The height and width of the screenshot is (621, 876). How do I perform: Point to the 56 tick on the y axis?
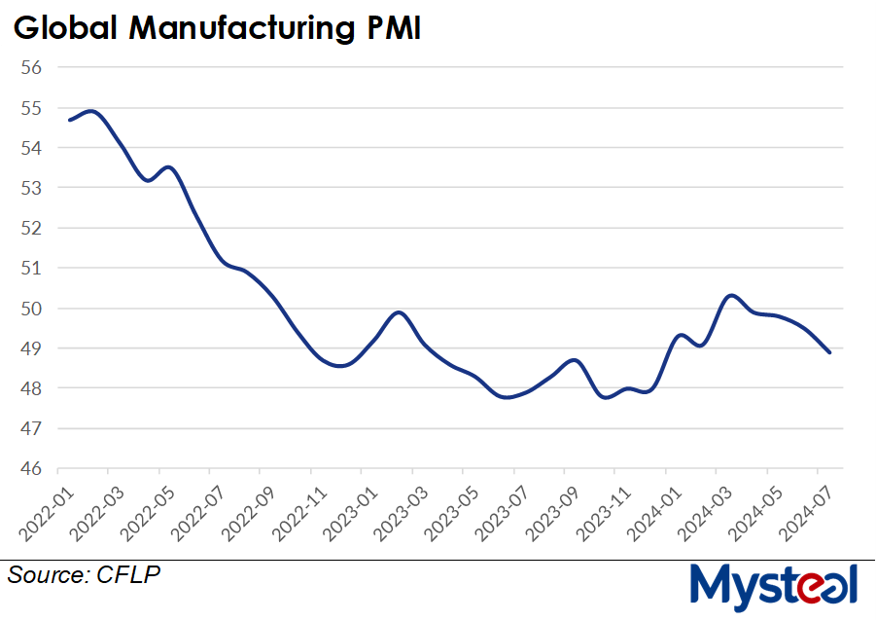click(x=31, y=68)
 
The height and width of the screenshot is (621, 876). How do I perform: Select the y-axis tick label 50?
click(x=31, y=309)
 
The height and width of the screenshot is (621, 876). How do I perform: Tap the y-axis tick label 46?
click(x=31, y=468)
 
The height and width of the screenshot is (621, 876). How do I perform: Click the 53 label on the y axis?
click(x=31, y=188)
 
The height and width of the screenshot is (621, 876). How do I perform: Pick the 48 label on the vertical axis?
click(x=31, y=388)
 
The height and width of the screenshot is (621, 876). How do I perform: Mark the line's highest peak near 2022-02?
click(x=91, y=111)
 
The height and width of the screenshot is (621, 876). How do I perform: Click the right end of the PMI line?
click(x=829, y=352)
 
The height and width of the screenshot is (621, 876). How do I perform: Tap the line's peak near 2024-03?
click(x=731, y=295)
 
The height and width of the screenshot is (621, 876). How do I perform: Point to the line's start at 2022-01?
click(x=69, y=120)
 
